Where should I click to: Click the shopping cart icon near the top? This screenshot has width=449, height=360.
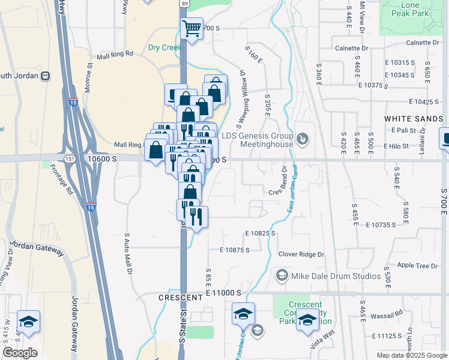point(192,28)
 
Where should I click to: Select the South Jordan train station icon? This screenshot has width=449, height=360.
point(45,76)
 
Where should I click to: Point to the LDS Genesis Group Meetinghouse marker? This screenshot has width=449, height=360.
point(304,140)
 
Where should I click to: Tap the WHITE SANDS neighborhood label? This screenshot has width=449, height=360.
point(414,119)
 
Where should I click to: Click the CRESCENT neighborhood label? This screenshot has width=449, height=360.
point(180,298)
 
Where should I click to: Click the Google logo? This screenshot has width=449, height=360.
point(20,353)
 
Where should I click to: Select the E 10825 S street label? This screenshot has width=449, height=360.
point(260,233)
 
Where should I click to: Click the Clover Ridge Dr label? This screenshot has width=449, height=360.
point(301,254)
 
